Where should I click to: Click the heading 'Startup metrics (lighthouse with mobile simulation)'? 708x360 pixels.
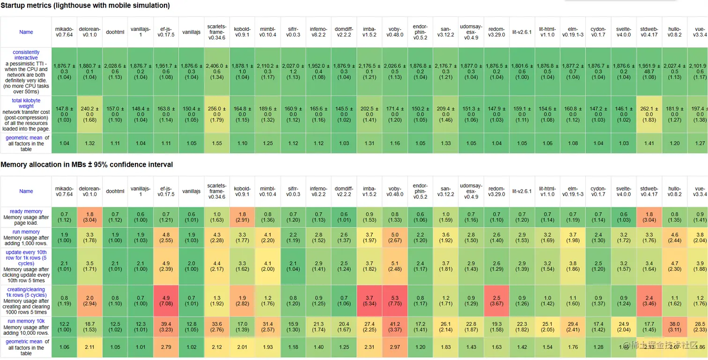point(85,6)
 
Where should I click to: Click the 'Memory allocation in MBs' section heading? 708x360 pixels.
point(87,165)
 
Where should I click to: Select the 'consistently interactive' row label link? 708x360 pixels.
point(26,55)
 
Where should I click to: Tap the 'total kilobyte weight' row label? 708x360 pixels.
point(26,103)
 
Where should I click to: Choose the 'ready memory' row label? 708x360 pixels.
point(26,212)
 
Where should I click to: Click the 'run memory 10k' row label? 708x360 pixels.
point(26,321)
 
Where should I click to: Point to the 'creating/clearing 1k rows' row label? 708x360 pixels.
point(26,293)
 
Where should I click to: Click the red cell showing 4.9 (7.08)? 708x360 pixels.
point(166,301)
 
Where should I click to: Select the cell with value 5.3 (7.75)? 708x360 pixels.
point(395,301)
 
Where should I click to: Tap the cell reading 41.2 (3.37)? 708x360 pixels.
point(395,327)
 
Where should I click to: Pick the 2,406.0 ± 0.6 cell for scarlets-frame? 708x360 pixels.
point(217,72)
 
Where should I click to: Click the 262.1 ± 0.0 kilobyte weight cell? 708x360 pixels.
point(649,114)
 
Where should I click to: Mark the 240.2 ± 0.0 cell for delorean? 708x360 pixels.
point(89,114)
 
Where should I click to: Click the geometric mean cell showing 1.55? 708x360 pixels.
point(217,144)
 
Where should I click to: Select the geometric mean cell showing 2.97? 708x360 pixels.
point(395,347)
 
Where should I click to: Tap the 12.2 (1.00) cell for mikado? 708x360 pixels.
point(64,327)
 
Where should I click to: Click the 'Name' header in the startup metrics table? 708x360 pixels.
point(26,32)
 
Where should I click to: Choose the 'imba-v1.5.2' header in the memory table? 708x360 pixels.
point(369,191)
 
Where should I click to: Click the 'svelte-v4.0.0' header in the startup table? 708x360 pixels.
point(624,32)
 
